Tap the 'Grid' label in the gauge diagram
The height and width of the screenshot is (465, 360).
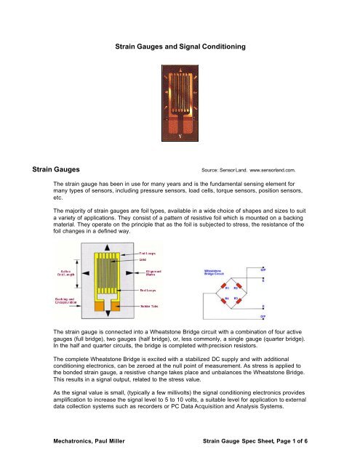[143, 259]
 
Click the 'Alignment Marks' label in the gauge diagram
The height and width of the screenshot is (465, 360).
[147, 272]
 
